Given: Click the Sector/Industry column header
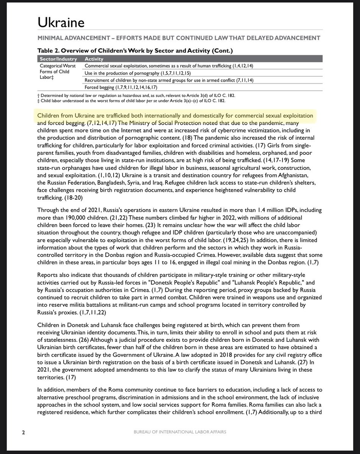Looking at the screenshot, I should pos(59,59).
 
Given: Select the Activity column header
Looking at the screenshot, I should pos(94,59).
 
